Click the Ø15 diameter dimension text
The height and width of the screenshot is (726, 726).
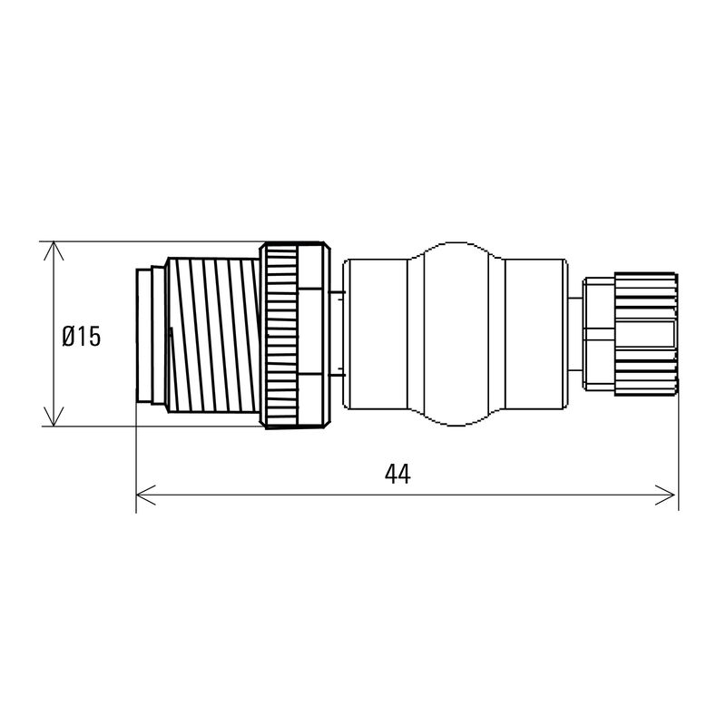82,337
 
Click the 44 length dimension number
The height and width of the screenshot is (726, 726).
397,475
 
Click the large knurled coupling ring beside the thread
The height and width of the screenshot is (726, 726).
293,334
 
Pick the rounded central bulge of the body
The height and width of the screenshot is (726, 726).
455,334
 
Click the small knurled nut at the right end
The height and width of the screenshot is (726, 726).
645,334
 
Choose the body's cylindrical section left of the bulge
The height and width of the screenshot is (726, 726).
377,334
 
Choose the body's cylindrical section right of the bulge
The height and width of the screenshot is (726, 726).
535,334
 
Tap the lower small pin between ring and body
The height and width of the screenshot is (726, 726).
338,372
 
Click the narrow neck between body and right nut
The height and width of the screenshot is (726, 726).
574,334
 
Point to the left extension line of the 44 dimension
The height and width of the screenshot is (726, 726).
136,463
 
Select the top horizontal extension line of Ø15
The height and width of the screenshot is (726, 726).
154,242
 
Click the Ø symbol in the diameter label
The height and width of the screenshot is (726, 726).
69,337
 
